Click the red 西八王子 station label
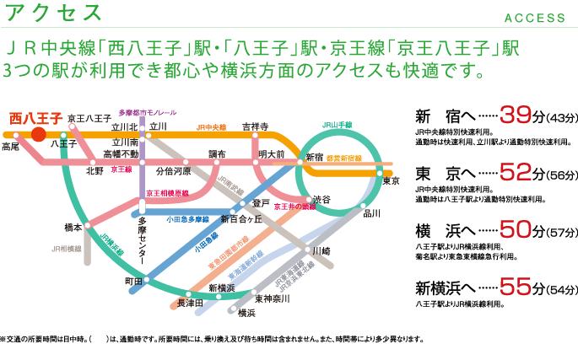pyautogui.click(x=35, y=118)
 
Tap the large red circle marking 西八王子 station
pyautogui.click(x=38, y=133)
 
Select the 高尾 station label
pyautogui.click(x=10, y=147)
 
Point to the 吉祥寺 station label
pyautogui.click(x=254, y=126)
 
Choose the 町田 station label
pyautogui.click(x=133, y=281)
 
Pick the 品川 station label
pyautogui.click(x=371, y=213)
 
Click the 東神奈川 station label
pyautogui.click(x=272, y=298)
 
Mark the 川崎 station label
pyautogui.click(x=321, y=250)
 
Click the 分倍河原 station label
pyautogui.click(x=174, y=170)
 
